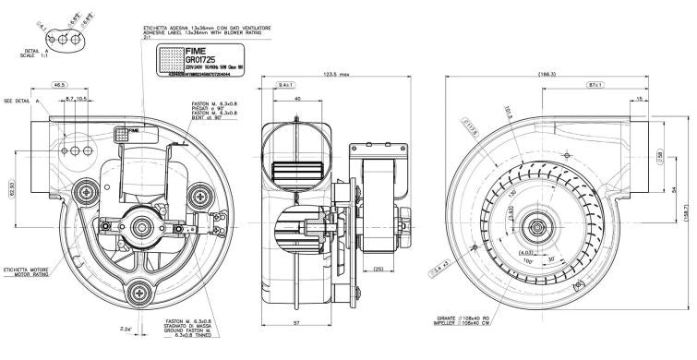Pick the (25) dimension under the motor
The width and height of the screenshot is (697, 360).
(x=379, y=270)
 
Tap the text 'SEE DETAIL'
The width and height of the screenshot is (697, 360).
(x=19, y=99)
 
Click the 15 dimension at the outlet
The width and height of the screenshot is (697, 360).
(x=640, y=99)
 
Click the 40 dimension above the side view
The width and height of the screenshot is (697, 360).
(x=297, y=99)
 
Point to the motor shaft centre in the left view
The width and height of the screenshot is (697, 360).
(x=142, y=225)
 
